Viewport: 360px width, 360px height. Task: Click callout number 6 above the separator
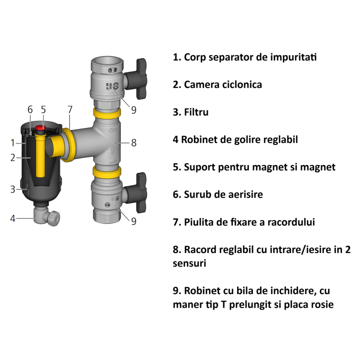coord(30,110)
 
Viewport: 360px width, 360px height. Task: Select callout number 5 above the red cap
coord(43,110)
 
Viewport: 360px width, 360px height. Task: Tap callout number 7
coord(70,110)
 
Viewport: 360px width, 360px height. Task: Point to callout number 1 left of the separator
coord(12,142)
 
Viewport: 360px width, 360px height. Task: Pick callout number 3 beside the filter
coord(12,189)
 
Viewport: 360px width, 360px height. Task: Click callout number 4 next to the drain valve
coord(12,218)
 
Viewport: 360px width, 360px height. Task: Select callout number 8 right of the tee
coord(134,143)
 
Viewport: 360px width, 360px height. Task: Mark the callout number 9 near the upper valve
coord(134,110)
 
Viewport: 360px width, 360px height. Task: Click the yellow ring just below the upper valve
coord(107,113)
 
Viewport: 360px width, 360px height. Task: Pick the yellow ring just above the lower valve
coord(107,171)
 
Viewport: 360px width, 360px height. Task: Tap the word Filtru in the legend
coord(196,112)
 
